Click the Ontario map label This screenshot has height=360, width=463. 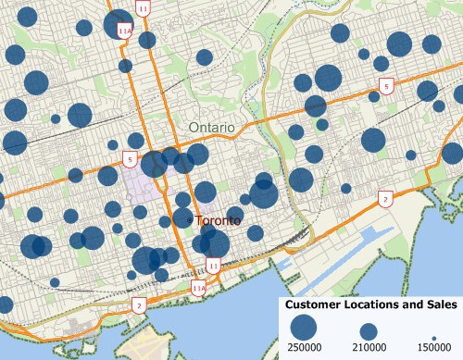point(211,127)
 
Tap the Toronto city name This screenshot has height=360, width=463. point(219,221)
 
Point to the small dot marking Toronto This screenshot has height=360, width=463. point(190,221)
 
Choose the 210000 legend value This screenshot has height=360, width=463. point(369,346)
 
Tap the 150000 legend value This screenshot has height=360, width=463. point(435,346)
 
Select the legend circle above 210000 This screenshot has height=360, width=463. point(369,330)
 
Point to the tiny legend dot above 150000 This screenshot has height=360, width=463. point(434,336)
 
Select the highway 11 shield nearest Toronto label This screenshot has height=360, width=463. point(214,266)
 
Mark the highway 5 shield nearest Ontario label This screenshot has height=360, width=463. point(131,159)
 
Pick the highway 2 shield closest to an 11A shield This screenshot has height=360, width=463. point(138,304)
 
